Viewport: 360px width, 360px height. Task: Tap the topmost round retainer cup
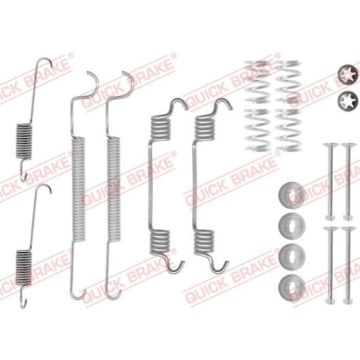tap(292, 195)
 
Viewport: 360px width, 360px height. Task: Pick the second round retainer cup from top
tap(292, 225)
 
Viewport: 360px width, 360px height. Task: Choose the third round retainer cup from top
tap(292, 256)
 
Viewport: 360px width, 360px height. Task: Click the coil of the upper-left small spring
tap(24, 141)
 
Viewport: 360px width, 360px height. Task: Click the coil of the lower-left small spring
tap(24, 268)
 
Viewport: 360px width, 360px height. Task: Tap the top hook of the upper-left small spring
tap(45, 62)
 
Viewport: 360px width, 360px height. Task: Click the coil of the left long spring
tap(78, 189)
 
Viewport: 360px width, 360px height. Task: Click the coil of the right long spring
tap(113, 189)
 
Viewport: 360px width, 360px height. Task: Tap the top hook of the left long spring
tap(93, 82)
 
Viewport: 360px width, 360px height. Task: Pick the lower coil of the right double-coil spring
tap(205, 241)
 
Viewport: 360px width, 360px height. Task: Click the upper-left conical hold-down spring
tap(257, 82)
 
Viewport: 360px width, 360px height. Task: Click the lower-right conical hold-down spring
tap(289, 130)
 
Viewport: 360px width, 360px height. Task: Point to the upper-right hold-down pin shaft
tap(348, 181)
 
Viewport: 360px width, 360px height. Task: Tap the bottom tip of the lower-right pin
tap(348, 304)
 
